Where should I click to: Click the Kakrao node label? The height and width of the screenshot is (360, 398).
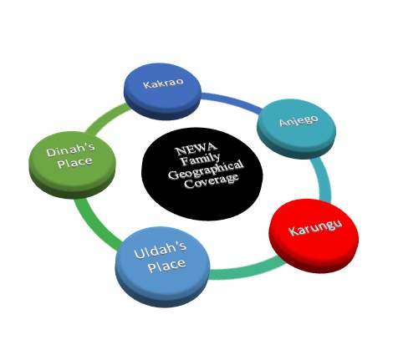pyautogui.click(x=164, y=83)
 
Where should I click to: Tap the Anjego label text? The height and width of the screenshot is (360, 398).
pyautogui.click(x=298, y=120)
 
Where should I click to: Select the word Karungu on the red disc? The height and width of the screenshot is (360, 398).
pyautogui.click(x=315, y=228)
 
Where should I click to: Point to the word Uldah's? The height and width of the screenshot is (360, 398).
pyautogui.click(x=160, y=250)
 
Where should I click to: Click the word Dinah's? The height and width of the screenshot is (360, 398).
pyautogui.click(x=70, y=150)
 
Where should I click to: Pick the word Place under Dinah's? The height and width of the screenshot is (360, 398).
pyautogui.click(x=74, y=162)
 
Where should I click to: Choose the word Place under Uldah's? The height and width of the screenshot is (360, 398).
pyautogui.click(x=166, y=266)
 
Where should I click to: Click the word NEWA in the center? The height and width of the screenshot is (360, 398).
pyautogui.click(x=196, y=149)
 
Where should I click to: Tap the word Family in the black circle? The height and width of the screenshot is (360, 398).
pyautogui.click(x=200, y=160)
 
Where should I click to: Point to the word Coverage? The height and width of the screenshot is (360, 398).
pyautogui.click(x=212, y=181)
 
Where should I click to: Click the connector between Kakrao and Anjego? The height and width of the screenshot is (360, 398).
pyautogui.click(x=232, y=102)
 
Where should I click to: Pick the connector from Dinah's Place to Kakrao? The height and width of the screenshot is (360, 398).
pyautogui.click(x=106, y=119)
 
